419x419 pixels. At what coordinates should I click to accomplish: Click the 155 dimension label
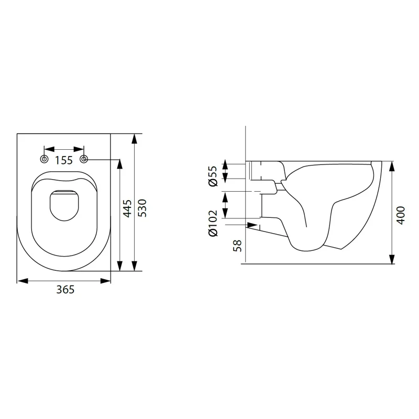pyautogui.click(x=63, y=160)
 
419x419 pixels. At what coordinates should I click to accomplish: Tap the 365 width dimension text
pyautogui.click(x=65, y=290)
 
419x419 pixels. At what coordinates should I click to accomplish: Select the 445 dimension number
pyautogui.click(x=127, y=208)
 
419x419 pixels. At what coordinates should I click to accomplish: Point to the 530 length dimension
pyautogui.click(x=142, y=208)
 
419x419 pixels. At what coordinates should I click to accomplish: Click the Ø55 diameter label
pyautogui.click(x=214, y=176)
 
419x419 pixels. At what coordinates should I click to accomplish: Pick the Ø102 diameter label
pyautogui.click(x=214, y=223)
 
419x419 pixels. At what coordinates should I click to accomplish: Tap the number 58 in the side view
pyautogui.click(x=238, y=245)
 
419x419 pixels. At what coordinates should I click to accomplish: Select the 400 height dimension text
pyautogui.click(x=401, y=215)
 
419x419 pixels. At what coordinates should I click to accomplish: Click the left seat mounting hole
pyautogui.click(x=44, y=159)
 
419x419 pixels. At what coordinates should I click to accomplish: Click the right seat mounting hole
pyautogui.click(x=84, y=159)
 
